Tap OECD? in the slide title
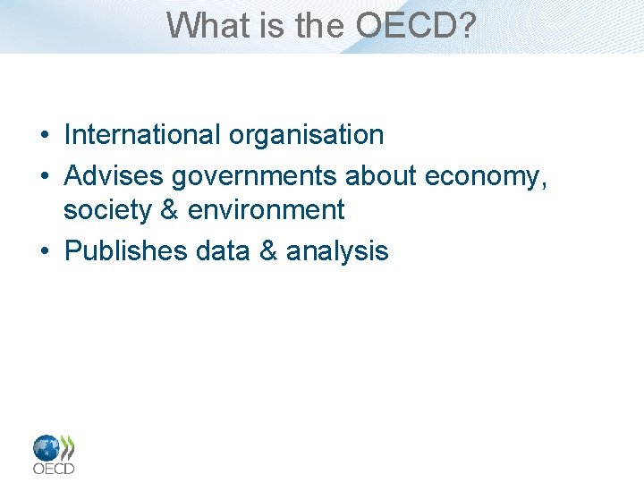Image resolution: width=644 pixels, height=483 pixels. click(416, 25)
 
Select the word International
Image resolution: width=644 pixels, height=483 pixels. click(142, 135)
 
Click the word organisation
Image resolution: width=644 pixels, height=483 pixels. click(306, 135)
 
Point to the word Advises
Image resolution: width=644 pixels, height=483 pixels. click(114, 176)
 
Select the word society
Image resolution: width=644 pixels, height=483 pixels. click(107, 210)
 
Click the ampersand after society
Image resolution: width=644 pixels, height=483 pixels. click(168, 210)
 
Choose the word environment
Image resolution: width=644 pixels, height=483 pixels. click(267, 210)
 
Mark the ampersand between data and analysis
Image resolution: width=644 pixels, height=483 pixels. click(268, 251)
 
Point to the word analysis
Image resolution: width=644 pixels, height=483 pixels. click(337, 251)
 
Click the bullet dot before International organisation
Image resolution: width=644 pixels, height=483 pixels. click(44, 136)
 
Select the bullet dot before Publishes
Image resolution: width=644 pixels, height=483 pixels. click(44, 252)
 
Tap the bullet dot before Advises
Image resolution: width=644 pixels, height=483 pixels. click(44, 177)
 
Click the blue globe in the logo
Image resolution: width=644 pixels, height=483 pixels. click(47, 447)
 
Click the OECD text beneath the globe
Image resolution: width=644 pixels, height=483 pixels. click(54, 468)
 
